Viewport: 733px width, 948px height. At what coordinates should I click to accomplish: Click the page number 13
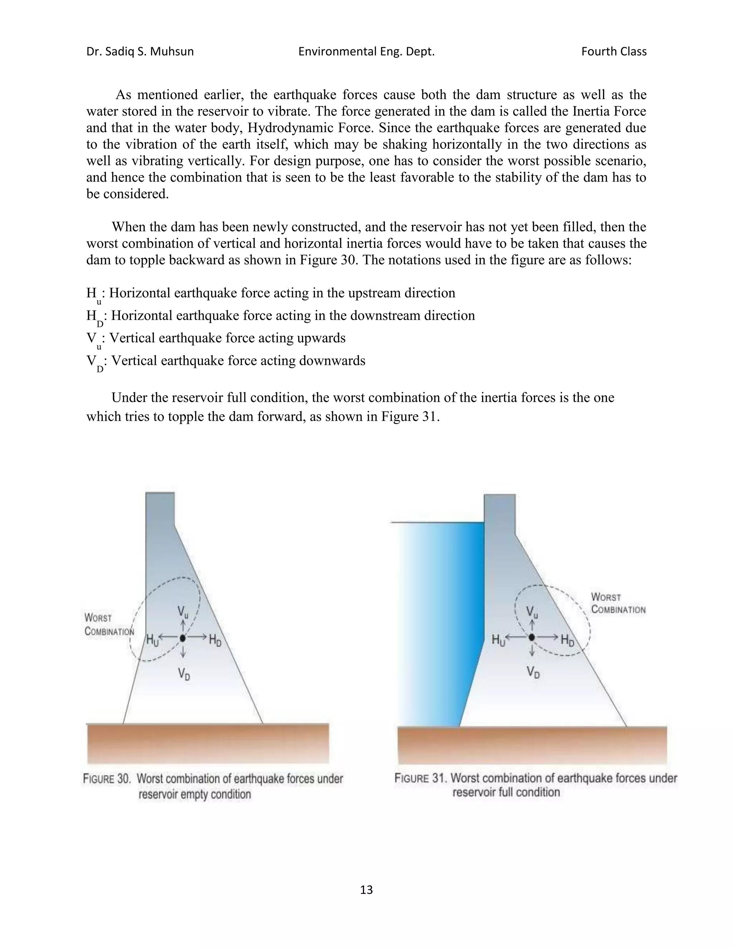(x=366, y=890)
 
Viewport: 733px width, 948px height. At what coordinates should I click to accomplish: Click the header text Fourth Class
(x=613, y=52)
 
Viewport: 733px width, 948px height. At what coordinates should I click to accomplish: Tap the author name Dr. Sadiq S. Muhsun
(x=140, y=52)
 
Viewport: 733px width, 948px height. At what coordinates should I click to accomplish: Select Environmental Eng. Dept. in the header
(x=366, y=52)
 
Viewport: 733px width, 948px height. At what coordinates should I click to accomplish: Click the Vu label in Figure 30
(x=183, y=612)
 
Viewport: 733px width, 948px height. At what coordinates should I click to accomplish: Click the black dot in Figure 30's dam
(x=183, y=637)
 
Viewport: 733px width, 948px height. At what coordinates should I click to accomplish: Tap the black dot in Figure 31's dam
(x=532, y=637)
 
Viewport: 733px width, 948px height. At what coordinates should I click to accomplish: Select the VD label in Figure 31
(x=533, y=673)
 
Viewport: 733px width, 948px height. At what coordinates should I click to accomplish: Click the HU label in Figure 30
(x=152, y=640)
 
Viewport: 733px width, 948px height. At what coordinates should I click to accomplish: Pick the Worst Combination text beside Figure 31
(x=618, y=604)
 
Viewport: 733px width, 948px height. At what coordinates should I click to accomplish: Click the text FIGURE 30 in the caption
(x=107, y=779)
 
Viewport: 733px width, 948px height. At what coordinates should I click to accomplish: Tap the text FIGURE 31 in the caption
(x=420, y=778)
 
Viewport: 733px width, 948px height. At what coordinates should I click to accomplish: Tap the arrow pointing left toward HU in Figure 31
(x=517, y=637)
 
